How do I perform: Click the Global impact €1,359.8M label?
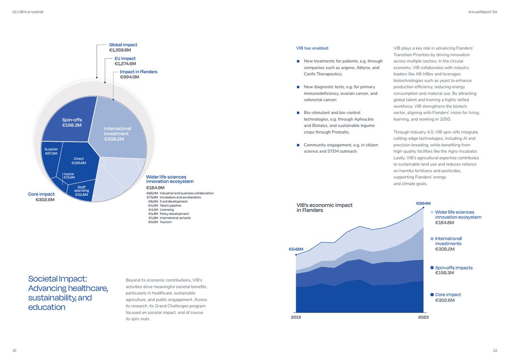tap(123, 47)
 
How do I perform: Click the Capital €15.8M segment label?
tap(69, 175)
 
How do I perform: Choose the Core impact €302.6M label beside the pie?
tap(41, 197)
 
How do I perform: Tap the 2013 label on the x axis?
tap(296, 318)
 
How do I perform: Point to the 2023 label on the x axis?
tap(423, 318)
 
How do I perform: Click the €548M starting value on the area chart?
tap(296, 249)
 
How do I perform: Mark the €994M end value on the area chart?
tap(423, 203)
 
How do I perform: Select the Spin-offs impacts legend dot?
tap(432, 268)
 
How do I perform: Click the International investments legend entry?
tap(448, 241)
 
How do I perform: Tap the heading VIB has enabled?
tap(313, 48)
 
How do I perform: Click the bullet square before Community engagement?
tap(299, 145)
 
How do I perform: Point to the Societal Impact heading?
tap(68, 293)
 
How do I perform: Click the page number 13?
tap(495, 350)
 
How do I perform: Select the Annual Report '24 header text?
tap(482, 12)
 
